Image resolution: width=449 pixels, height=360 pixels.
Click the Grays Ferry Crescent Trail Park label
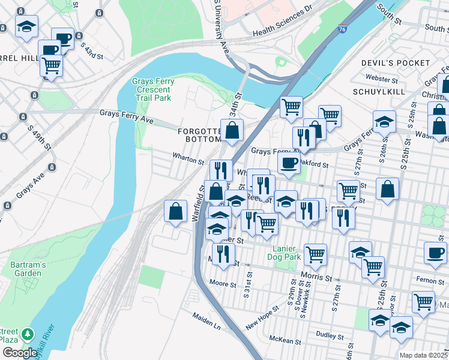pos(152,89)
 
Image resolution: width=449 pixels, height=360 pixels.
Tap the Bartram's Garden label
pos(25,269)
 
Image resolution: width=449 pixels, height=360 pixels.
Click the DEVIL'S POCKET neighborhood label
pos(396,63)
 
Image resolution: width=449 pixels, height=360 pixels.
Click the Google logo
pos(20,353)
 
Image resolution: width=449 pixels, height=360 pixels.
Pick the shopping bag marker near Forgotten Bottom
pos(232,130)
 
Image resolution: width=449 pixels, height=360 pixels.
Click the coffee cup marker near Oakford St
pos(289,163)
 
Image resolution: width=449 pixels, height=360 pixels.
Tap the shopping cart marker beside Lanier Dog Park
pos(315,254)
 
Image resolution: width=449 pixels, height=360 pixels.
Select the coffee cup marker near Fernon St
pos(435,253)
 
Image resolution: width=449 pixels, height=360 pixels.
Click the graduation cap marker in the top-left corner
pos(26,26)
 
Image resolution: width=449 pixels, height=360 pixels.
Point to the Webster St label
pos(382,79)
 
